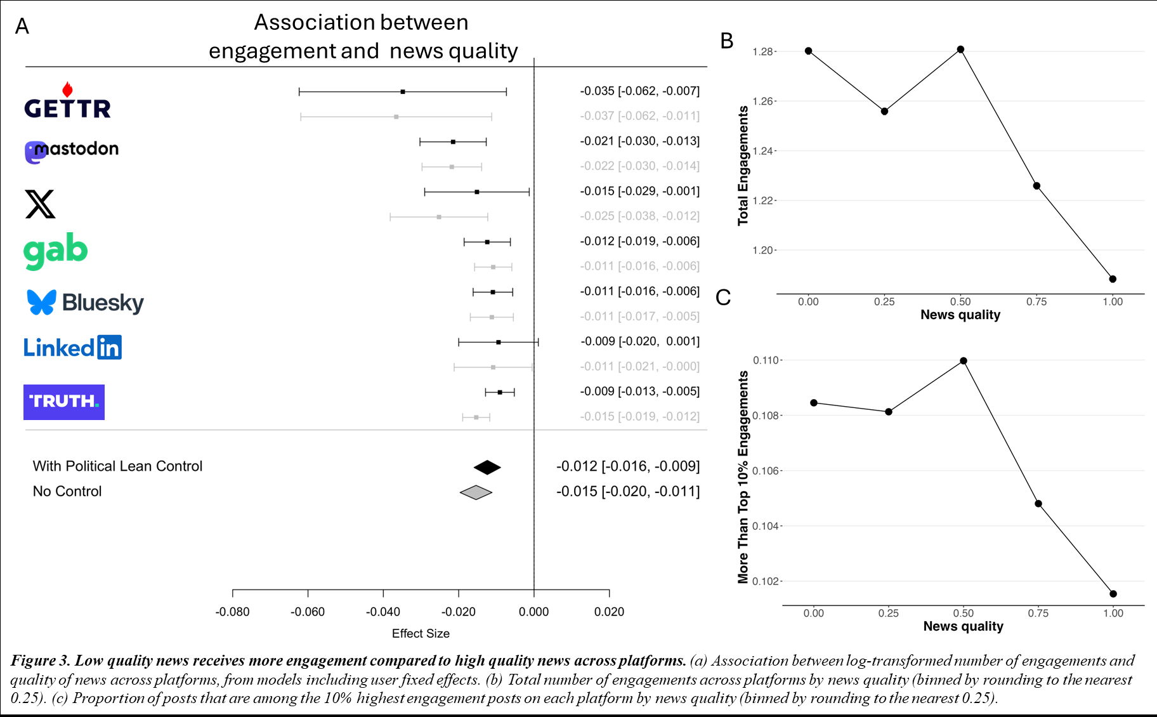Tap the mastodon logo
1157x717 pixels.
coord(72,151)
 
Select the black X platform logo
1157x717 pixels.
coord(40,204)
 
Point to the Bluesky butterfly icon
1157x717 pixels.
coord(42,302)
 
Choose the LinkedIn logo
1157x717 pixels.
coord(72,348)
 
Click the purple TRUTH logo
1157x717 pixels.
coord(64,402)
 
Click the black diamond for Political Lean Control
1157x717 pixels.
coord(487,468)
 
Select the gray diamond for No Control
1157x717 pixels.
coord(476,492)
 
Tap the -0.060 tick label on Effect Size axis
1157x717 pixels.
coord(308,612)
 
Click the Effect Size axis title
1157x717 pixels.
coord(421,633)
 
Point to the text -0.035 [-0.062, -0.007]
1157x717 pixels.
coord(639,91)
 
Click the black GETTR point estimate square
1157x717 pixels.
coord(403,92)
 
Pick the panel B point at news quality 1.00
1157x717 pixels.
coord(1113,279)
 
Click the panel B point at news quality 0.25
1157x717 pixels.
coord(884,111)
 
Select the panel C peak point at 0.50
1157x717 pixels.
coord(964,361)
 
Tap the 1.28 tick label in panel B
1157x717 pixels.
coord(762,51)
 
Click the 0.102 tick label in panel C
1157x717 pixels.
coord(766,581)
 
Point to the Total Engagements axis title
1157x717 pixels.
coord(743,166)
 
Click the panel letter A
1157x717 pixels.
coord(22,27)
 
